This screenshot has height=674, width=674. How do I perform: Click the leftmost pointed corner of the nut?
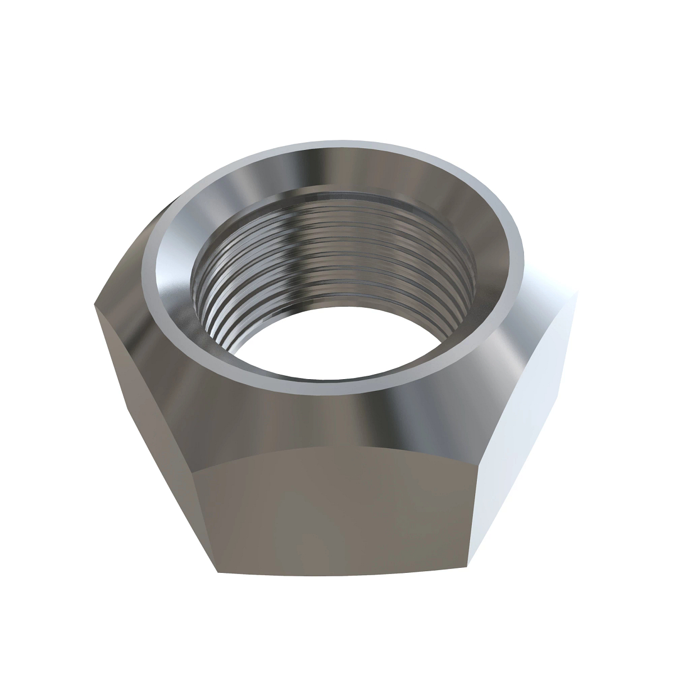[93, 304]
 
